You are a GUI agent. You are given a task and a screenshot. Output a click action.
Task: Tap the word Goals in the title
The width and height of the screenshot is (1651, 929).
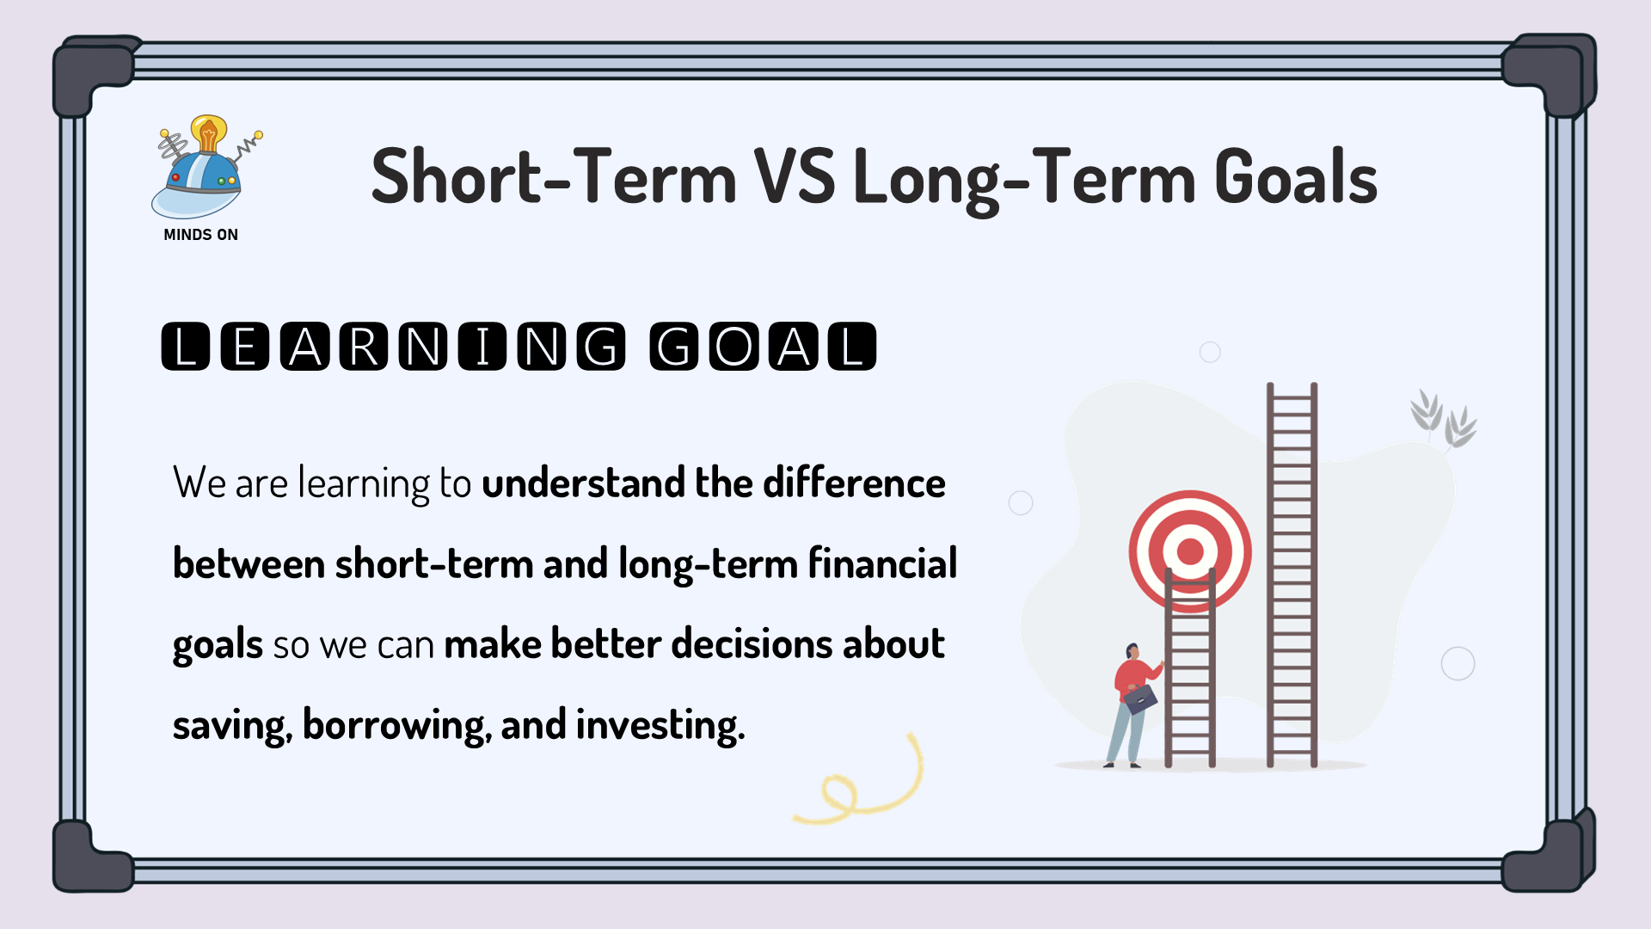pos(1296,176)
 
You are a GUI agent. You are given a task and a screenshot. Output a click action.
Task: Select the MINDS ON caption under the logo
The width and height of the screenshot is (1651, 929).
pos(200,235)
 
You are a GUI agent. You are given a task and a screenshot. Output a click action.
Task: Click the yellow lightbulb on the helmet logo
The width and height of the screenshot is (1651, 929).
pos(209,133)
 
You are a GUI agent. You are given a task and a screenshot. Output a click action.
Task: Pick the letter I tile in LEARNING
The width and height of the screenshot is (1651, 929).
pos(482,347)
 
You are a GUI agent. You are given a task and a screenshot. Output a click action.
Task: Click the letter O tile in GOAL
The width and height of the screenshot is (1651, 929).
pos(733,347)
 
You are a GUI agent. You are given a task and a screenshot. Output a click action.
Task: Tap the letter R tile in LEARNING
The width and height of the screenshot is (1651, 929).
pos(364,347)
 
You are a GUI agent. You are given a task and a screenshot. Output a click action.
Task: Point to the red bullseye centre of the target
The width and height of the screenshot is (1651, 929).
pos(1190,551)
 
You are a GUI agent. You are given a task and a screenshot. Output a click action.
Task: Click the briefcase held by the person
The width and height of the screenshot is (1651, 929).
pos(1140,698)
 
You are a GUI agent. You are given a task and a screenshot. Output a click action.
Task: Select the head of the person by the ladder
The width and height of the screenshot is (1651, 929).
pos(1132,651)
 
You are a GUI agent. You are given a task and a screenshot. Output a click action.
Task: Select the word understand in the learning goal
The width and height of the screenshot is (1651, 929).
pos(583,483)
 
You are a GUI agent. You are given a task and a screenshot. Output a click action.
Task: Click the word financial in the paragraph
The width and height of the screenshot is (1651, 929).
pos(882,563)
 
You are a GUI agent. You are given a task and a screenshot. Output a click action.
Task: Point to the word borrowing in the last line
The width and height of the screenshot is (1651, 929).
pos(397,725)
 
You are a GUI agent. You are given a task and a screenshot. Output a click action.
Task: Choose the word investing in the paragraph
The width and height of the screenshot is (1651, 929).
pos(660,725)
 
